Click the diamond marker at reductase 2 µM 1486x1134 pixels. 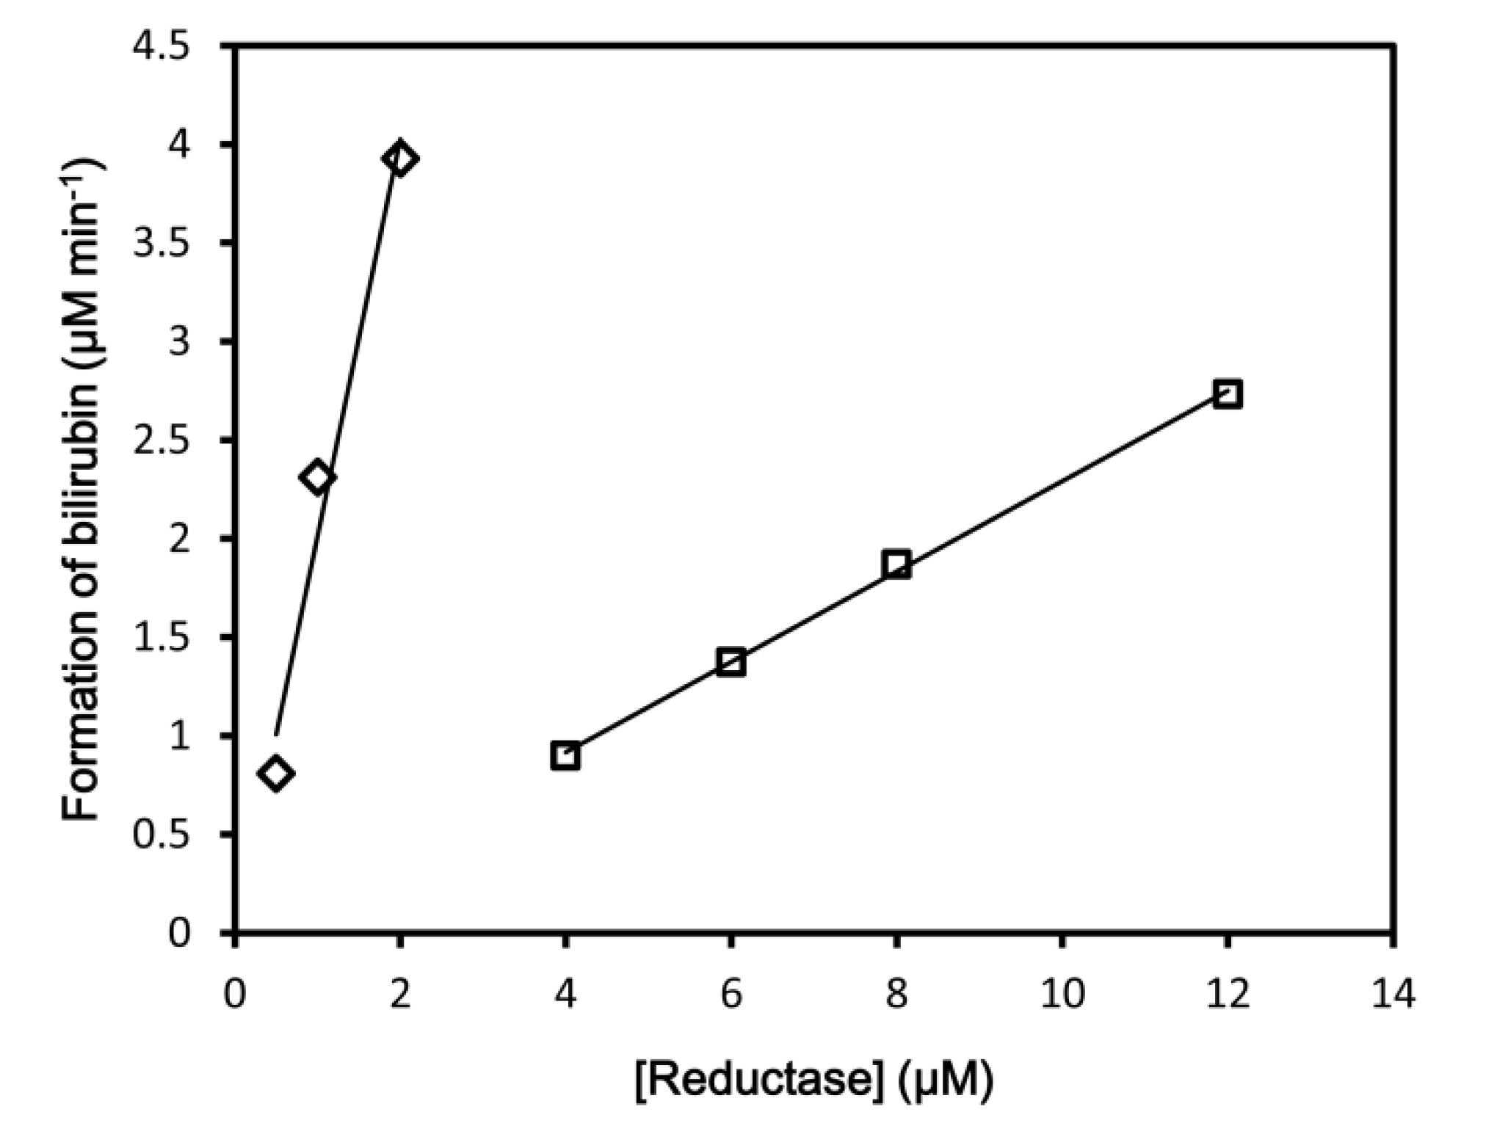(400, 158)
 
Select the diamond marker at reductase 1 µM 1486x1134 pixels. (317, 478)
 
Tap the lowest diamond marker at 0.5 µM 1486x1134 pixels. (276, 773)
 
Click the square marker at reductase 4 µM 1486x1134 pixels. (565, 755)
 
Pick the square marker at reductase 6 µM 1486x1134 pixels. (731, 662)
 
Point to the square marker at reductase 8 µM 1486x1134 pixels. (896, 564)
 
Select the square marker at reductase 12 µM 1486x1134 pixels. (1228, 394)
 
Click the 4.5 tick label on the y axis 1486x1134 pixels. (161, 48)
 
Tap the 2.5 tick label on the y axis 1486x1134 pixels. (161, 441)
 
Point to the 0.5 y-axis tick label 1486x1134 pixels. (161, 835)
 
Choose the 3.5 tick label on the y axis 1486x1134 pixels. (161, 244)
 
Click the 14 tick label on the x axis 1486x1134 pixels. (1393, 996)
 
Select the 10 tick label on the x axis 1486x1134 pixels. (1062, 996)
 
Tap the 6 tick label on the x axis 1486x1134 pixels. (731, 996)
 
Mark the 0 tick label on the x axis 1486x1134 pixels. (235, 996)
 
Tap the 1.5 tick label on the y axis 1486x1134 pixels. (161, 638)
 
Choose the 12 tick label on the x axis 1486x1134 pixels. (1228, 996)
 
